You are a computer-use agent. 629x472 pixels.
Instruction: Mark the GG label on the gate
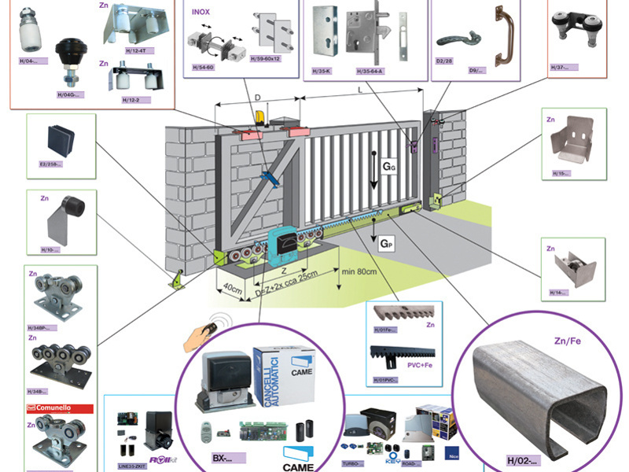coord(390,168)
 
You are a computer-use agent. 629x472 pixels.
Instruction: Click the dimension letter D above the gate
coord(258,98)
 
